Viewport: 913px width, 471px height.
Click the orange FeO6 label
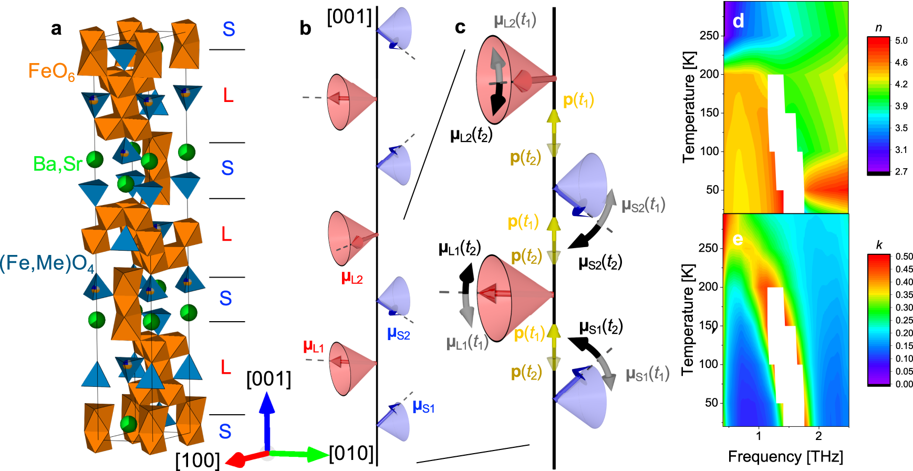(51, 71)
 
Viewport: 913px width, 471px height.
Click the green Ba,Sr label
(57, 164)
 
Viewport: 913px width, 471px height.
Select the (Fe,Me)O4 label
(47, 263)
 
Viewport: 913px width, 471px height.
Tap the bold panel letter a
(56, 28)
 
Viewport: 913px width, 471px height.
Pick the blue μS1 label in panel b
(423, 406)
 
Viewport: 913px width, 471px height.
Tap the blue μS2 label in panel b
(398, 333)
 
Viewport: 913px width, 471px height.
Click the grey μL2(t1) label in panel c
(515, 21)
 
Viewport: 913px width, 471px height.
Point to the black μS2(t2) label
(600, 262)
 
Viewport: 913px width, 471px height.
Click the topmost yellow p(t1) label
(578, 100)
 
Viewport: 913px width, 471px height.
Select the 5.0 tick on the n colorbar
(901, 40)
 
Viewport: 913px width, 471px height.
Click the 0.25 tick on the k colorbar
(904, 320)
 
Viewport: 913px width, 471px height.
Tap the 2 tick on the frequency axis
(818, 436)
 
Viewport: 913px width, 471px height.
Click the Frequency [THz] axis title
(785, 456)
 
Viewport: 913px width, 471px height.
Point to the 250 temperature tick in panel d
(709, 35)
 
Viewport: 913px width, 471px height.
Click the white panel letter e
(738, 239)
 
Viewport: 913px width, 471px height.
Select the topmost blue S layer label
(229, 29)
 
